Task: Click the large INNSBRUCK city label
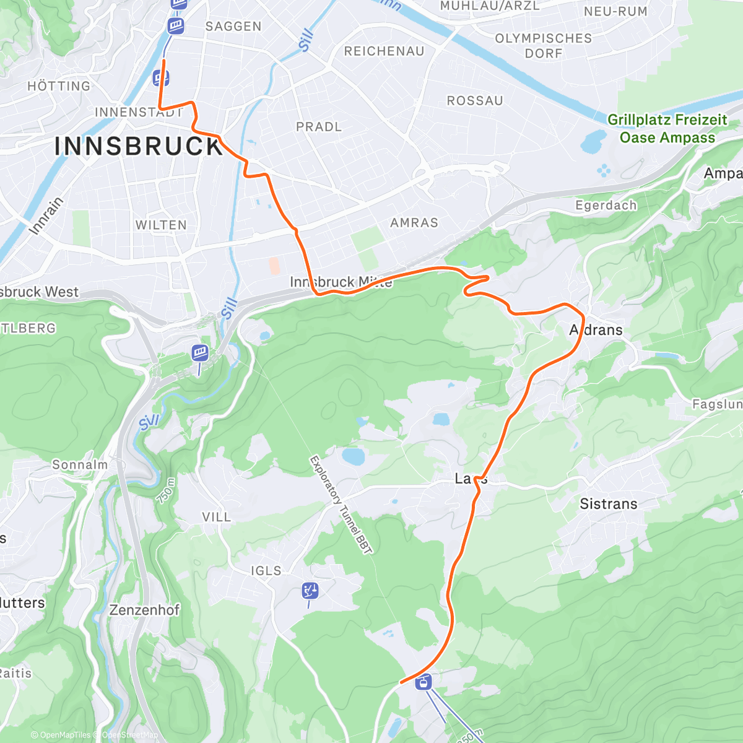coord(139,147)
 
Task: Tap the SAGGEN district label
coord(233,27)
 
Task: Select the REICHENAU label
coord(384,51)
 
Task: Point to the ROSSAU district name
coord(475,101)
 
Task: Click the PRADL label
coord(319,127)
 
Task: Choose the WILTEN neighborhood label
coord(161,225)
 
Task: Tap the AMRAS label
coord(414,223)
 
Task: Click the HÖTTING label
coord(59,87)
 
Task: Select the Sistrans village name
coord(608,504)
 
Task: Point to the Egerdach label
coord(606,206)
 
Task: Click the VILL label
coord(216,517)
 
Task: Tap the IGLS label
coord(266,571)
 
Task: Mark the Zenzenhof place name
coord(144,610)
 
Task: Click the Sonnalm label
coord(80,465)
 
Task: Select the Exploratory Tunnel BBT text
coord(341,505)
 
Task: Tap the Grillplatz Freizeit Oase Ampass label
coord(667,129)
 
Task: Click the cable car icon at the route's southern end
coord(424,683)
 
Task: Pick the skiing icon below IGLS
coord(310,591)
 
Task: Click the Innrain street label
coord(46,215)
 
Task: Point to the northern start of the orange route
coord(163,61)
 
